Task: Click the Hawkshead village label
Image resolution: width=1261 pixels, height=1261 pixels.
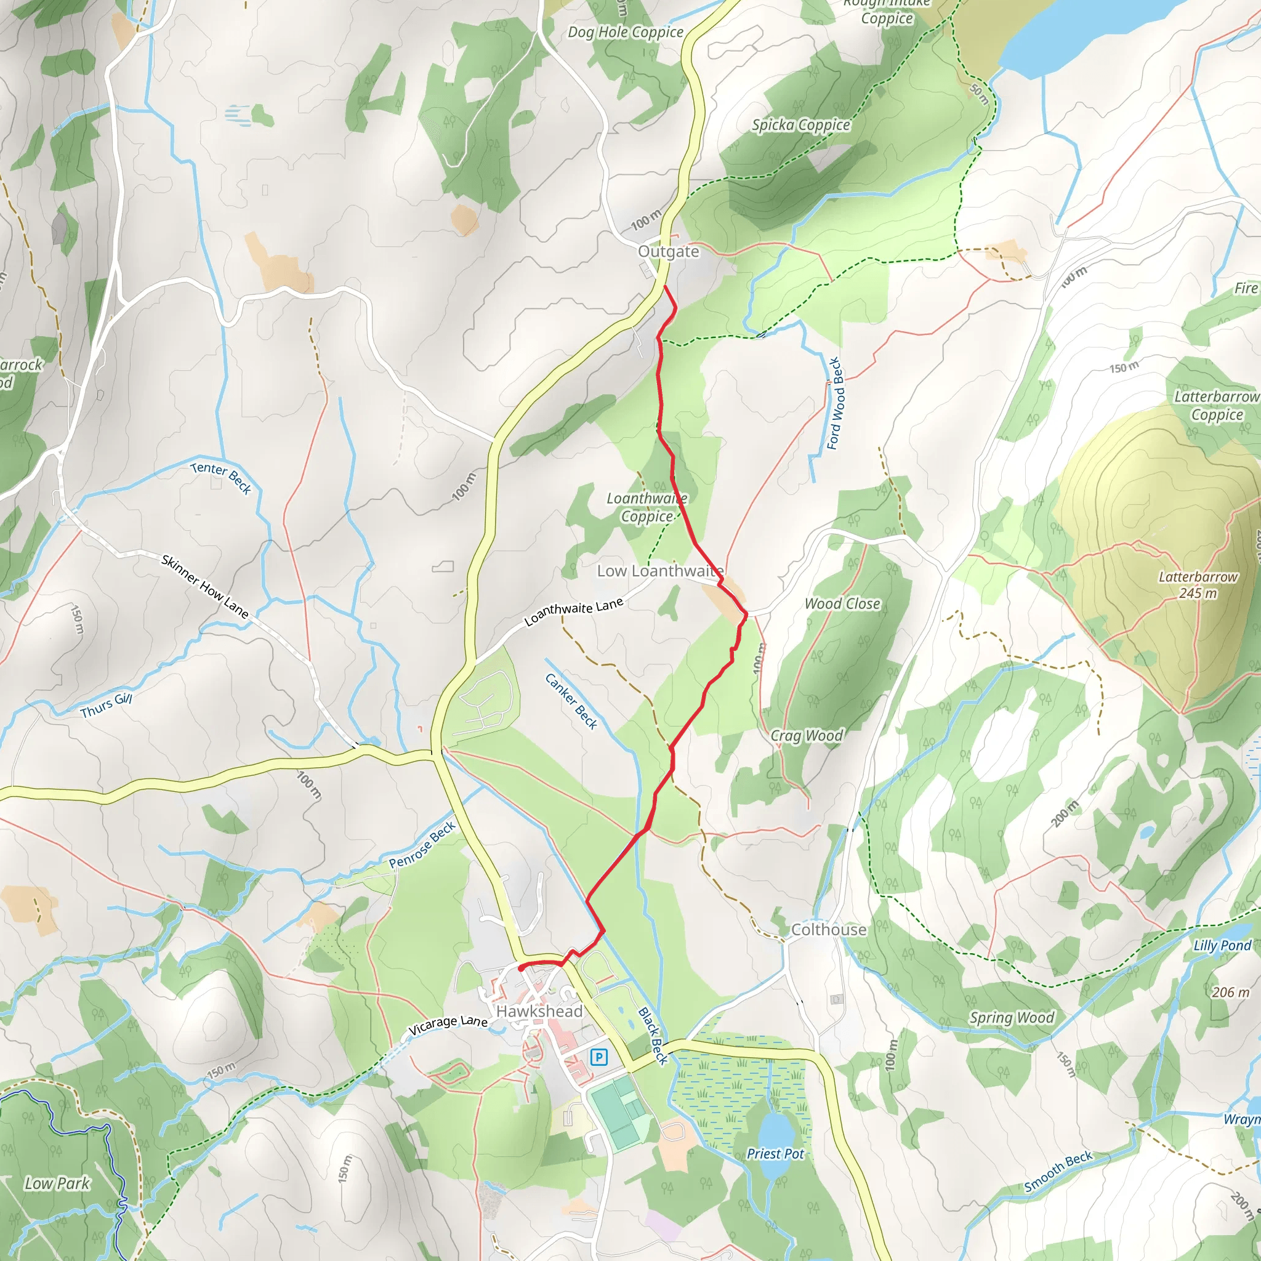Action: (x=539, y=1011)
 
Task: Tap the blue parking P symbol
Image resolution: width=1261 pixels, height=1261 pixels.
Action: (x=598, y=1057)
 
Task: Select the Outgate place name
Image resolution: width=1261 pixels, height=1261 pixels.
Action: (x=668, y=251)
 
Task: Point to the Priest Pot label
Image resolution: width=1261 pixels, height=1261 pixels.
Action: (x=775, y=1153)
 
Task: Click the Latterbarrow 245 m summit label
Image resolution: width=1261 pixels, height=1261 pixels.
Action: (x=1198, y=585)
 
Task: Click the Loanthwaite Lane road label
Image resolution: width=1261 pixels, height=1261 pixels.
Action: (x=574, y=611)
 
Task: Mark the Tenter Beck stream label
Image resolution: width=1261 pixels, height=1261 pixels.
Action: (x=221, y=478)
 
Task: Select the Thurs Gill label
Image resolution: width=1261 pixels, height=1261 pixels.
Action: (x=107, y=706)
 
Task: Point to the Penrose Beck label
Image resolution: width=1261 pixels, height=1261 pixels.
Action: (x=422, y=845)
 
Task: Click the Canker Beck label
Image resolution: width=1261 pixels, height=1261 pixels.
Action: (x=571, y=701)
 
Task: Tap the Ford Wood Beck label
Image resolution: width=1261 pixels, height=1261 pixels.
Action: (x=835, y=403)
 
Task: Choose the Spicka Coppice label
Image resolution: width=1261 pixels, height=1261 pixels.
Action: (x=801, y=124)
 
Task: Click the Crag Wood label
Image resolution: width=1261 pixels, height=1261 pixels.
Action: (x=807, y=736)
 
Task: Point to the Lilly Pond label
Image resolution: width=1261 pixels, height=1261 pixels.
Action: (x=1222, y=945)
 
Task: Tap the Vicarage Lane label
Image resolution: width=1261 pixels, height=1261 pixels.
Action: (x=448, y=1025)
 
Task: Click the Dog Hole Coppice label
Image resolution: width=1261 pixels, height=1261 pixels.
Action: (x=626, y=32)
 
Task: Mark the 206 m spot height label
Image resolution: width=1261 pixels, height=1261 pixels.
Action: (x=1230, y=992)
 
